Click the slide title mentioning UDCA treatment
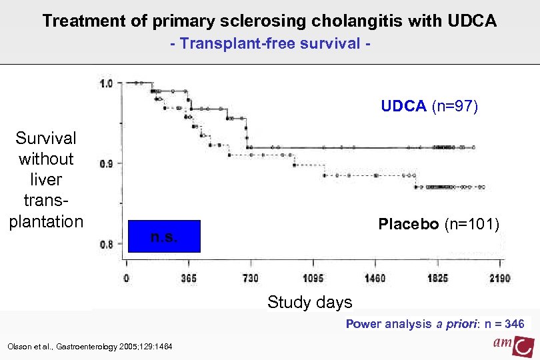(269, 21)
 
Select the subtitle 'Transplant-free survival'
(269, 44)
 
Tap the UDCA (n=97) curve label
(429, 107)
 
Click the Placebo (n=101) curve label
(439, 224)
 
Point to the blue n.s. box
(163, 236)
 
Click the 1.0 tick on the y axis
(106, 83)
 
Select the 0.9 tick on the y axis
(106, 163)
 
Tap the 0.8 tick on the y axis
(106, 244)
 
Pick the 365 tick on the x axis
(188, 278)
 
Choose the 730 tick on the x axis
(250, 278)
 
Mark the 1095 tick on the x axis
(312, 278)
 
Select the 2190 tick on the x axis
(499, 278)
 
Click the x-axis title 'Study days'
(309, 302)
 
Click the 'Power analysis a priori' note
(434, 324)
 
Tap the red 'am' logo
(514, 345)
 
